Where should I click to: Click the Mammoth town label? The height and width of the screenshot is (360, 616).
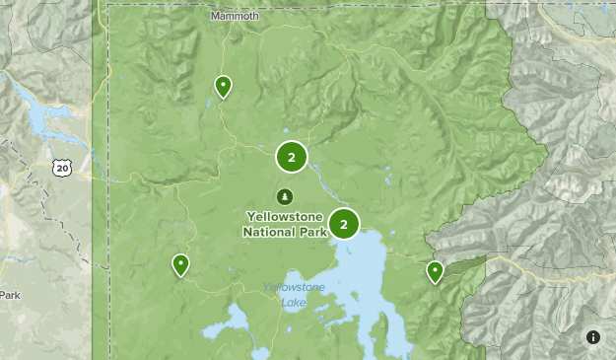235,17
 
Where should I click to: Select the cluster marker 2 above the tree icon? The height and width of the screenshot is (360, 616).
291,156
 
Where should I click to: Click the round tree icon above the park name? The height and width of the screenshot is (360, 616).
285,195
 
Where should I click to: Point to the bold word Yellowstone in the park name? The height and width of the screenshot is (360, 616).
285,217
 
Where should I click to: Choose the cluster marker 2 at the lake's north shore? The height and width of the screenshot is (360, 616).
344,225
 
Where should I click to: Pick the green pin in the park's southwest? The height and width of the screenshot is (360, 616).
180,264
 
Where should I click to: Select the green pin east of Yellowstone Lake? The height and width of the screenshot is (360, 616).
435,271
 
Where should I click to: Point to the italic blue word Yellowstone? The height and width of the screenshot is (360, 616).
294,288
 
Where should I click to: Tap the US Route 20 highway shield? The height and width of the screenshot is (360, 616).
62,169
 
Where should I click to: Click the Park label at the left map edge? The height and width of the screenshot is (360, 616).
9,295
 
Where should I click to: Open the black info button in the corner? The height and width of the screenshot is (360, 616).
593,337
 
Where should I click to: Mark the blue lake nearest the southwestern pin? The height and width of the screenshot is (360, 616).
238,320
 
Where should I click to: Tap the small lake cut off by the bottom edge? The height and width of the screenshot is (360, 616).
259,353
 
